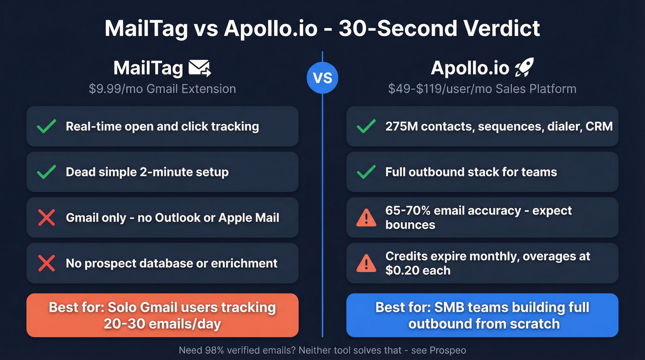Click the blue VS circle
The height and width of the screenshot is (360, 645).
point(322,77)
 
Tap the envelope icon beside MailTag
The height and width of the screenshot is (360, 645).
point(199,69)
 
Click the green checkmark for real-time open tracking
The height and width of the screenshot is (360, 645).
point(47,126)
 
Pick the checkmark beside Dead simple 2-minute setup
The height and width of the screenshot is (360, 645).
point(47,172)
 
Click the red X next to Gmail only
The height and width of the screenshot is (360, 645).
point(47,218)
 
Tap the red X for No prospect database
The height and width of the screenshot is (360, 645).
point(47,263)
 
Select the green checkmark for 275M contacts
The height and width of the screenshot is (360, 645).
point(366,126)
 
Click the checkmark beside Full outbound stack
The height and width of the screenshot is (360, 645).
point(366,172)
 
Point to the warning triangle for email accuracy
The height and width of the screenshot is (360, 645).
point(366,218)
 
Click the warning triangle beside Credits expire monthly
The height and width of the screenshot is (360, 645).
point(366,263)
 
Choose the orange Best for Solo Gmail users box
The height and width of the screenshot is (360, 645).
point(162,315)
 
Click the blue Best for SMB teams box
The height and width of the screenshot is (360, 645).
point(482,315)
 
